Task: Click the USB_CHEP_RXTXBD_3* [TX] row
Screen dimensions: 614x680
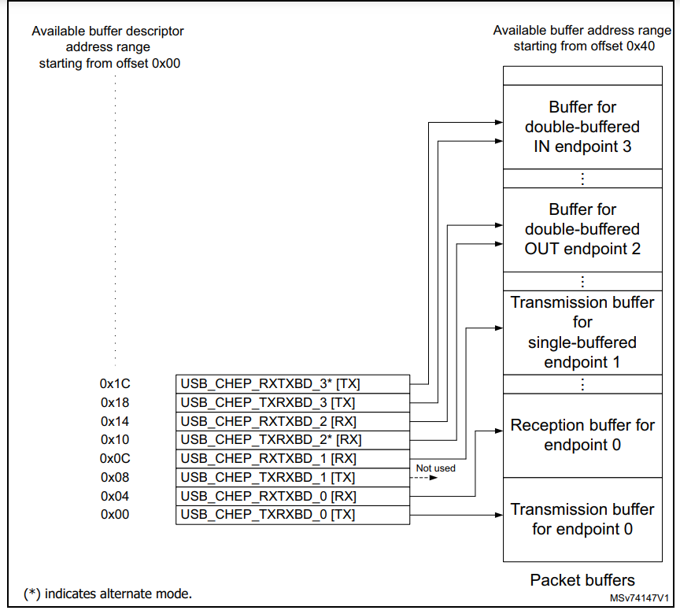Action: (x=292, y=383)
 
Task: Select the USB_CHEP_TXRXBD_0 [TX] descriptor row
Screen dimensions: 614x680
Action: (x=292, y=515)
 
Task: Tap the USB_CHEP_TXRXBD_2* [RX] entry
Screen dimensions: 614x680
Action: (x=292, y=439)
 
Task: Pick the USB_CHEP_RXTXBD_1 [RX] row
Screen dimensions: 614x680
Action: (x=292, y=458)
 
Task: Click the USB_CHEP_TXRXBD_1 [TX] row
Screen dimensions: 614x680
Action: (x=292, y=477)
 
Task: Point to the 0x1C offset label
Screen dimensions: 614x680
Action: (x=115, y=383)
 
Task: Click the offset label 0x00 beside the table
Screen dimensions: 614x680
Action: (x=115, y=515)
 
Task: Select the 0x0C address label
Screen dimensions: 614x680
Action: (x=115, y=458)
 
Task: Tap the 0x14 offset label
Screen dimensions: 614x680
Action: (x=115, y=421)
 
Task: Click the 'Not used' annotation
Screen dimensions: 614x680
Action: (x=435, y=468)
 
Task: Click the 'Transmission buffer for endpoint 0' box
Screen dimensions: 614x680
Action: (x=582, y=519)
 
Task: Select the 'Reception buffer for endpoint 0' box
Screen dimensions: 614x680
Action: (x=582, y=435)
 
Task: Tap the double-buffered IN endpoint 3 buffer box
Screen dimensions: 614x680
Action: (x=582, y=126)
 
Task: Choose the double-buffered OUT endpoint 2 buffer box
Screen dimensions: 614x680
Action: (x=582, y=229)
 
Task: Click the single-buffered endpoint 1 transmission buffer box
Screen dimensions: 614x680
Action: (x=582, y=332)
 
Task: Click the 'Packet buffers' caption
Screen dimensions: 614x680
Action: (x=582, y=580)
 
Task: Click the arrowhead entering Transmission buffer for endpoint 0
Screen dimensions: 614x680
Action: (x=498, y=515)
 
